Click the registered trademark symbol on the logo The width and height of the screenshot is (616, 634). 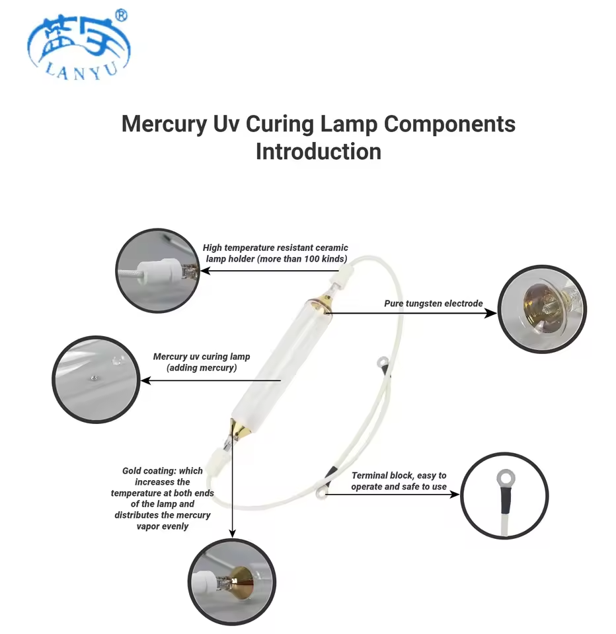coord(122,15)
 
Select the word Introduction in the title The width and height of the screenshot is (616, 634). coord(319,152)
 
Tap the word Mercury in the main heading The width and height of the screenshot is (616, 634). coord(164,125)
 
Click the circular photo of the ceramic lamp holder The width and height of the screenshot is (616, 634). coord(158,270)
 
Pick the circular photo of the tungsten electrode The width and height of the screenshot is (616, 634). coord(541,308)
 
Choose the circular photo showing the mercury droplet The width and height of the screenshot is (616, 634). coord(96,379)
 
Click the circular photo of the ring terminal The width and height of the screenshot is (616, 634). coord(504,495)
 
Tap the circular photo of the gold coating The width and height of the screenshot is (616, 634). coord(232,582)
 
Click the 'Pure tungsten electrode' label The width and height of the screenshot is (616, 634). coord(434,303)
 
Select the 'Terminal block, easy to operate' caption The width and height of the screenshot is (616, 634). coord(399,481)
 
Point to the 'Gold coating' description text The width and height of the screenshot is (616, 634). coord(163,498)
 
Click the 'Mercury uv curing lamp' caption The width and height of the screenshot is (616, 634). coord(202,362)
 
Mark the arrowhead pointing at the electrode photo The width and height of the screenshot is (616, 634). coord(491,312)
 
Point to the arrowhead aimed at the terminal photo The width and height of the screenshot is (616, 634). coord(454,494)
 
